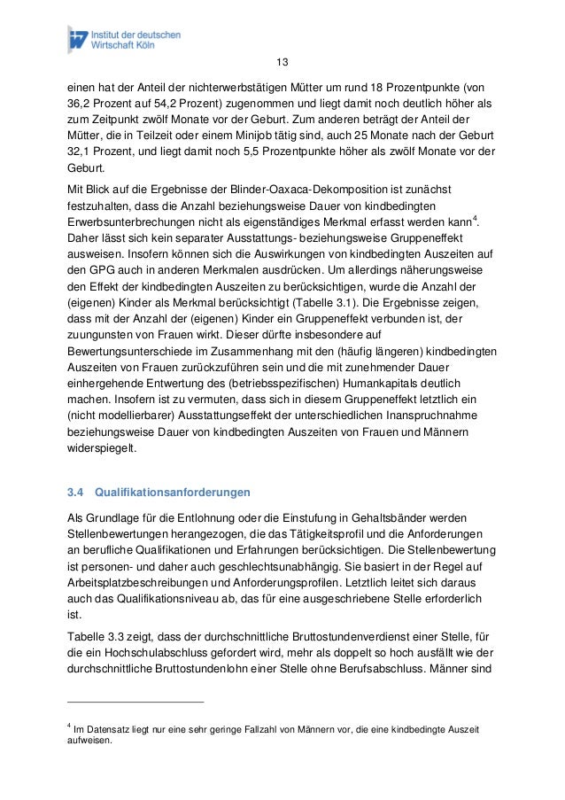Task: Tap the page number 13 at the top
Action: (282, 63)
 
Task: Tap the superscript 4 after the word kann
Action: (477, 218)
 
